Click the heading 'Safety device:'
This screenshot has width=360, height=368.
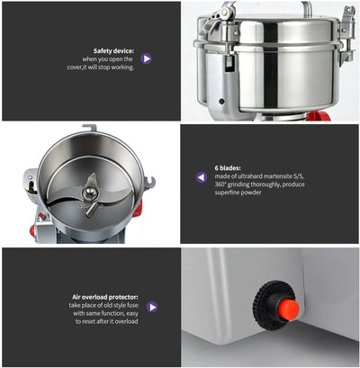[x=113, y=51]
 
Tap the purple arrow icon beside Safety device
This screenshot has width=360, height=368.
[x=147, y=58]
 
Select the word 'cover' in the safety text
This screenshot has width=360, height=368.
[x=104, y=67]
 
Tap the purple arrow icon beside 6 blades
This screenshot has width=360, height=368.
[x=202, y=176]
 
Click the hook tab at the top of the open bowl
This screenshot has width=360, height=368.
[x=89, y=129]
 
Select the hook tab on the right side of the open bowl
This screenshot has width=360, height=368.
[x=148, y=184]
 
